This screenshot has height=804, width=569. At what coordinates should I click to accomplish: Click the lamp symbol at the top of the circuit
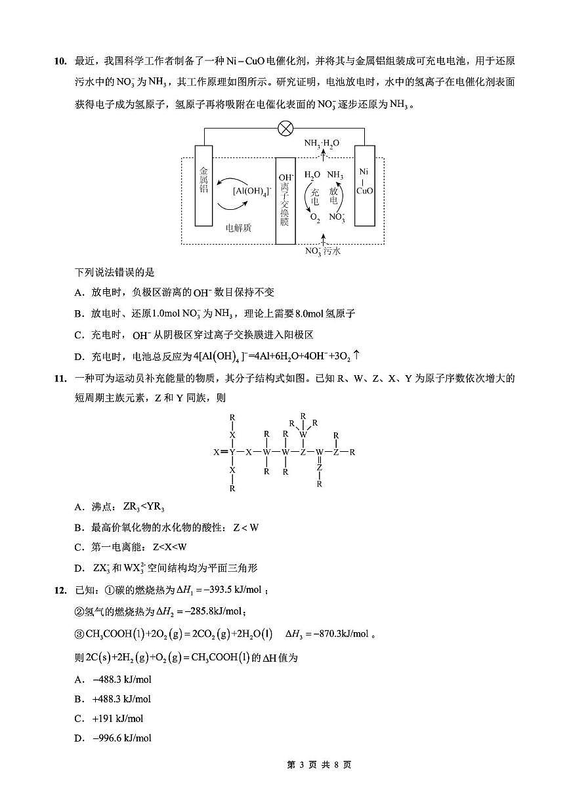tap(285, 128)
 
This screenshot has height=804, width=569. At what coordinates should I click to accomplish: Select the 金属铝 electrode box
tap(204, 186)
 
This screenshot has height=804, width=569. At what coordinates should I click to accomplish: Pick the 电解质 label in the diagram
tap(238, 228)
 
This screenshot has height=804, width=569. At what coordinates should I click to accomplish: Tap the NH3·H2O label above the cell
tap(322, 143)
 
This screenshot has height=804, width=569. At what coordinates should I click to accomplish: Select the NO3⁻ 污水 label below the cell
tap(323, 251)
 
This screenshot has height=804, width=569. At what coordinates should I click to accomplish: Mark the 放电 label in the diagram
tap(334, 195)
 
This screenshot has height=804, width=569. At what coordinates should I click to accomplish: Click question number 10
tap(60, 62)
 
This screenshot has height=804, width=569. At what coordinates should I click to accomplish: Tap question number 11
tap(60, 378)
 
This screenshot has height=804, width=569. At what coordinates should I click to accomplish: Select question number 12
tap(60, 590)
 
